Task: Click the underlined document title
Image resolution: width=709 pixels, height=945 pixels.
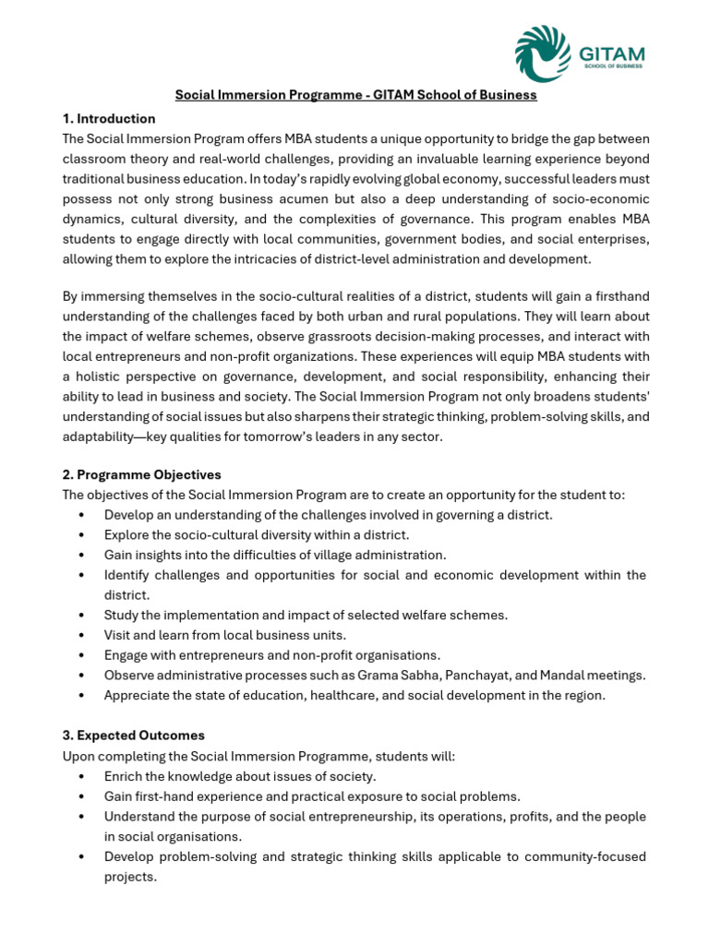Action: [356, 95]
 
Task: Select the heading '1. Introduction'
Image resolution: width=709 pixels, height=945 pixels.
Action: [109, 119]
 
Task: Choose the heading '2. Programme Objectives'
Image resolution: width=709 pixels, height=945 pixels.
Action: [142, 474]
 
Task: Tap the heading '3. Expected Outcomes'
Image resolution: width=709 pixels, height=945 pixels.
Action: [134, 736]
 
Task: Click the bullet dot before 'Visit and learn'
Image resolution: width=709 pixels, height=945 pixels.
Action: [83, 635]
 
